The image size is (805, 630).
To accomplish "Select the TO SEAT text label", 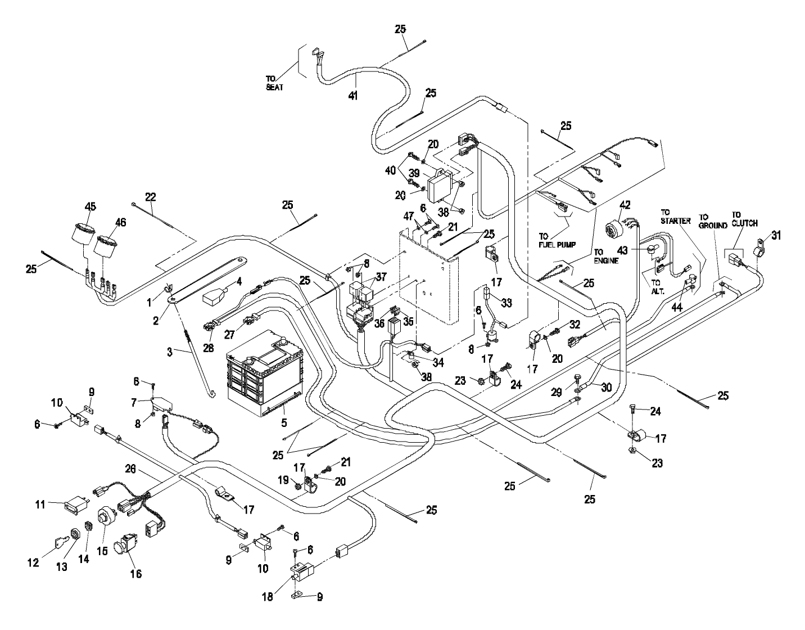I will point(275,84).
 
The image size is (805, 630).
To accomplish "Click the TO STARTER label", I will point(675,217).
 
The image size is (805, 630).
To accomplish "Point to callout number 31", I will point(776,236).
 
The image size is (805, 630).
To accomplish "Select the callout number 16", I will point(136,574).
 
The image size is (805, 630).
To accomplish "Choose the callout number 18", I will point(268,597).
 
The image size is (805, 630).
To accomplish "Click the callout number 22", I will point(150,197).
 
